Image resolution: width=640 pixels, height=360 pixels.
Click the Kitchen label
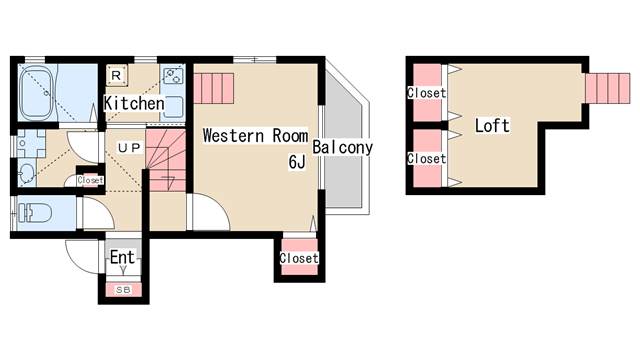134,103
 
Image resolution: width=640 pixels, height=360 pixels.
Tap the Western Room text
256,136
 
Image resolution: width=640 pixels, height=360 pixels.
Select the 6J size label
297,162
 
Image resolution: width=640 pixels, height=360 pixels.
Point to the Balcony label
342,147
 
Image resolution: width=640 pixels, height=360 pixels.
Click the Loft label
492,125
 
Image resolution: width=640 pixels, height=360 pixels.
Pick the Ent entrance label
122,258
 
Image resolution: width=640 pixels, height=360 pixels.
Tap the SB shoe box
123,290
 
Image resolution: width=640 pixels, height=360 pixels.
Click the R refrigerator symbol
116,75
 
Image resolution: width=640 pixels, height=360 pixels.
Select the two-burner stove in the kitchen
173,76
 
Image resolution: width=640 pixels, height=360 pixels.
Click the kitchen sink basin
173,106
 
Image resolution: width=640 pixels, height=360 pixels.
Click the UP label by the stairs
129,148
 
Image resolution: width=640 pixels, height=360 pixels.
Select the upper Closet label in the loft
426,93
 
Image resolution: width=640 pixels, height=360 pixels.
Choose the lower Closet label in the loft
426,158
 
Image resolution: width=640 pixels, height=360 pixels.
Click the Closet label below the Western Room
299,258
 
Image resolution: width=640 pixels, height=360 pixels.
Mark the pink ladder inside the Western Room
213,88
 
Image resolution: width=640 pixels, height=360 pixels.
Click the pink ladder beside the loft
608,88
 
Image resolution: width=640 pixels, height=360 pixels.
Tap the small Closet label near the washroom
90,180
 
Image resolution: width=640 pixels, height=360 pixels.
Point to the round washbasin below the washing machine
27,173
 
